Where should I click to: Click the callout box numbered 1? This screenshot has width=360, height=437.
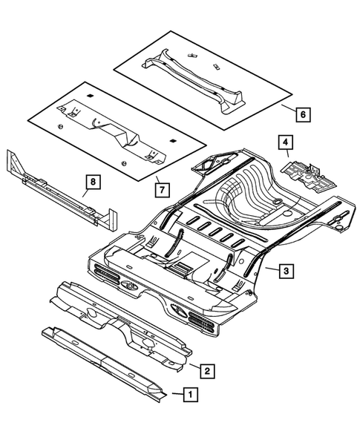[x=191, y=395]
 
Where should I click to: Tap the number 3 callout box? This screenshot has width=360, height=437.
[x=286, y=271]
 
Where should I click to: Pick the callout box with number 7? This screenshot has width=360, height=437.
[x=160, y=189]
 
